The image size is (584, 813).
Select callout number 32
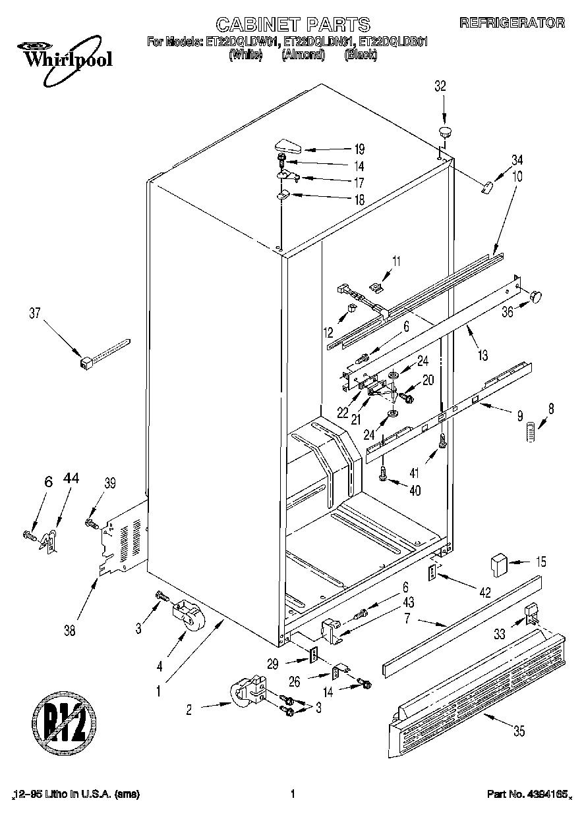pyautogui.click(x=440, y=86)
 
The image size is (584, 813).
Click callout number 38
pyautogui.click(x=70, y=631)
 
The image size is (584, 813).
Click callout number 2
pyautogui.click(x=190, y=709)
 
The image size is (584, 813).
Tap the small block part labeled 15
pyautogui.click(x=497, y=564)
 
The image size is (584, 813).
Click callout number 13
pyautogui.click(x=483, y=356)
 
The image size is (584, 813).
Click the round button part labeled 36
pyautogui.click(x=536, y=296)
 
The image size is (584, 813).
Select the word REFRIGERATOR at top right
pyautogui.click(x=511, y=22)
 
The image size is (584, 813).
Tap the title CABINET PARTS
pyautogui.click(x=293, y=25)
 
